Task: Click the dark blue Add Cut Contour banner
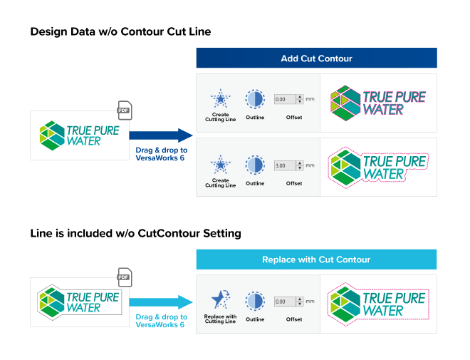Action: [316, 58]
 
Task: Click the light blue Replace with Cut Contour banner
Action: [316, 259]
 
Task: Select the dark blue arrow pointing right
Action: [161, 135]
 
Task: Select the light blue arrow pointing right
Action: [161, 302]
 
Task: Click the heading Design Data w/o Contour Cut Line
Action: [120, 31]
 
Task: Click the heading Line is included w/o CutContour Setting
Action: [135, 233]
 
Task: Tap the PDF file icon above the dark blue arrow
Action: [125, 110]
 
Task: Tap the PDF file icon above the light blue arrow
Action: [125, 277]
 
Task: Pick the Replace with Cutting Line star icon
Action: [221, 299]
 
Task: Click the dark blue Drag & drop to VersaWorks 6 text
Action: [162, 154]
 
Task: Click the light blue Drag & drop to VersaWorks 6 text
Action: [162, 321]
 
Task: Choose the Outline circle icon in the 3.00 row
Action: [255, 165]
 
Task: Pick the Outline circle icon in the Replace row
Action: [255, 301]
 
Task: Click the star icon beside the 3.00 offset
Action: [221, 165]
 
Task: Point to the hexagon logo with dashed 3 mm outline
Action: [345, 168]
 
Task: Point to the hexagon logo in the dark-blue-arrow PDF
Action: [52, 135]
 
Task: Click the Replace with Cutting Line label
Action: [220, 319]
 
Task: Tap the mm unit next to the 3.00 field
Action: [310, 165]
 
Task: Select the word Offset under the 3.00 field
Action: [294, 183]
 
